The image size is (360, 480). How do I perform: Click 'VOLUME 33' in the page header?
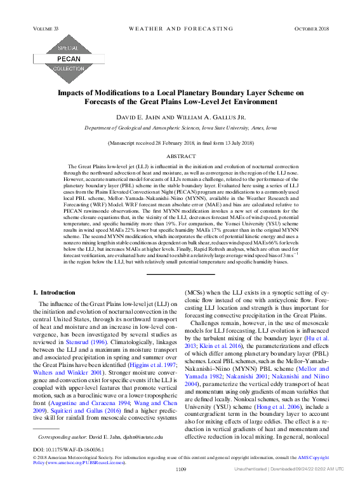click(x=45, y=29)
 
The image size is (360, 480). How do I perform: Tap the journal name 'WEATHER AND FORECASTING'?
click(x=180, y=29)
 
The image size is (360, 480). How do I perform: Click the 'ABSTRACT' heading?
click(x=180, y=156)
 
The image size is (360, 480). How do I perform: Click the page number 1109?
click(x=180, y=469)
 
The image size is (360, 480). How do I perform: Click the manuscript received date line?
click(x=180, y=144)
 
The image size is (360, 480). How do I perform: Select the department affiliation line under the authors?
click(x=180, y=128)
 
